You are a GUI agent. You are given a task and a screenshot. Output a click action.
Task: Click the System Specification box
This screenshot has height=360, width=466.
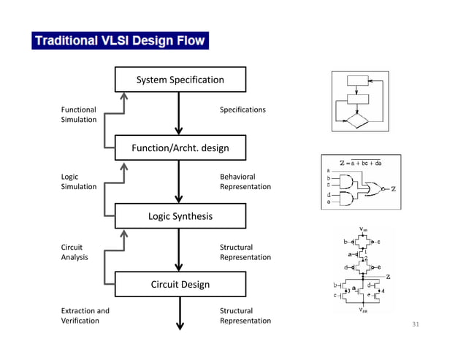click(x=180, y=80)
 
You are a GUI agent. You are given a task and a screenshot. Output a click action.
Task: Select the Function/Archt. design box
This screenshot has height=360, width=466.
click(x=180, y=148)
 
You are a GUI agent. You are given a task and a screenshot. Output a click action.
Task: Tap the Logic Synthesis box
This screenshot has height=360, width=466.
click(x=180, y=216)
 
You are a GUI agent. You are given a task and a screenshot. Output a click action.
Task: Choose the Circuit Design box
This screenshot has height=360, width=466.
click(x=180, y=284)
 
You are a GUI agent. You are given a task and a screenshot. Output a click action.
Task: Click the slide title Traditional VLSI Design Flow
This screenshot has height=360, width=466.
click(x=120, y=40)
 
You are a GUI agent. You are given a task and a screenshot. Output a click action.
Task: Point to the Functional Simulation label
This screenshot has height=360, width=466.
click(x=78, y=115)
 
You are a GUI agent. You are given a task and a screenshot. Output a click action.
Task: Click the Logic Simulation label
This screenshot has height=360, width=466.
click(x=78, y=182)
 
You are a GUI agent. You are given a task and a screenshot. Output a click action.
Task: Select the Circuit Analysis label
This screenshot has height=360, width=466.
click(x=75, y=252)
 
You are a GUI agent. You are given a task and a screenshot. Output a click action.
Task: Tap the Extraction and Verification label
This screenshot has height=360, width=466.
click(x=85, y=315)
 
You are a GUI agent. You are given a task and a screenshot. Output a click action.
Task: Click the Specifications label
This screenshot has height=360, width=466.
click(x=242, y=110)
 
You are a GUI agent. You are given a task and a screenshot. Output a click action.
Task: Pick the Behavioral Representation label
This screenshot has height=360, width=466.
click(x=245, y=182)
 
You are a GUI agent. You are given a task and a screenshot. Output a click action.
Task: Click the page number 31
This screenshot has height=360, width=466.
click(x=417, y=324)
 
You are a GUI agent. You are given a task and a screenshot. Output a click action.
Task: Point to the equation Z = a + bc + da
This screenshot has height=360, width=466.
click(x=361, y=163)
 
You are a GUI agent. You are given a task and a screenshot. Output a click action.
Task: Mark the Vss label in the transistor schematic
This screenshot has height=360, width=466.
click(x=363, y=310)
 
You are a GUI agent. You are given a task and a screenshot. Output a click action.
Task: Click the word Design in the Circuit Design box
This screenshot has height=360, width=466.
click(x=195, y=284)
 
